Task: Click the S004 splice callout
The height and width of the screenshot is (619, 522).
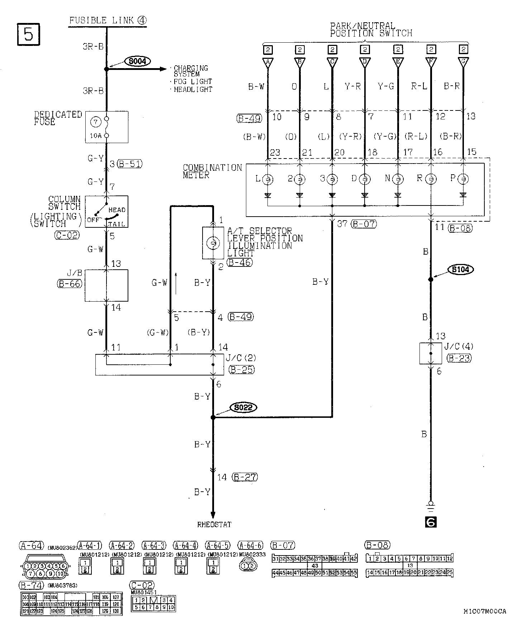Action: (x=137, y=61)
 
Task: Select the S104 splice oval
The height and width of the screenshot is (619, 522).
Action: (x=461, y=269)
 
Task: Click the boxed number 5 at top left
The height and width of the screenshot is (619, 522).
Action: (x=28, y=34)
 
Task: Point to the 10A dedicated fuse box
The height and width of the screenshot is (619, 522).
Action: (x=106, y=127)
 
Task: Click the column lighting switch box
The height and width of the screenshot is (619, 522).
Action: (x=106, y=212)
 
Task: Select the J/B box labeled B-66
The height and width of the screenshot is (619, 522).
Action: (x=106, y=285)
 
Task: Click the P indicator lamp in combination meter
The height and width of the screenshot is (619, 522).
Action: (x=463, y=179)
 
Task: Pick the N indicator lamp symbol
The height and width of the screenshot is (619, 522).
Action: (x=397, y=179)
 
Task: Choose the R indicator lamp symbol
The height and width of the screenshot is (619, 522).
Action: (x=431, y=179)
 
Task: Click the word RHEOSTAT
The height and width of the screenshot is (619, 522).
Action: (x=214, y=524)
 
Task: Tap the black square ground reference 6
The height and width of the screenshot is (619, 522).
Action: (x=431, y=522)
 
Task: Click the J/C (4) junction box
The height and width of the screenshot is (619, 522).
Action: (x=431, y=353)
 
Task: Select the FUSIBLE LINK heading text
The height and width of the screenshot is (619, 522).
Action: (x=108, y=20)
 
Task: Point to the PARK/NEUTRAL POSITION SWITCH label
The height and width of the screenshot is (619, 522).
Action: (x=371, y=30)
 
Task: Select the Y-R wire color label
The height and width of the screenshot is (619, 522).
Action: (x=352, y=86)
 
